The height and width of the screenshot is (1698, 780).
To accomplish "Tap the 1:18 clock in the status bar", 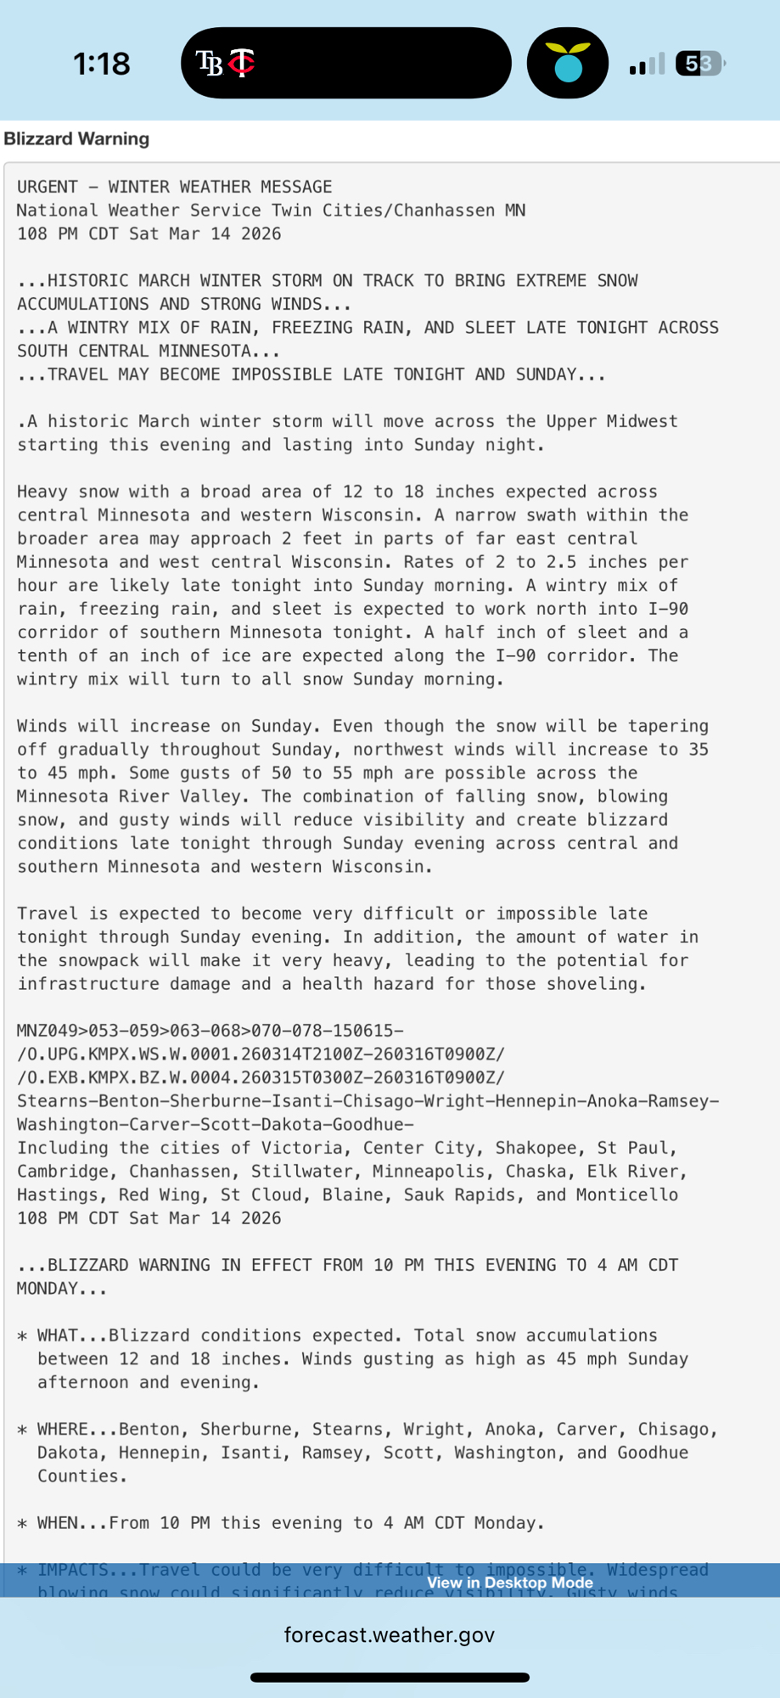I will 102,64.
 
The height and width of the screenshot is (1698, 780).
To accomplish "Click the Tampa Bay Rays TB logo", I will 209,63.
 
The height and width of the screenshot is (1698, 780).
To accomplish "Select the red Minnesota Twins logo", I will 242,63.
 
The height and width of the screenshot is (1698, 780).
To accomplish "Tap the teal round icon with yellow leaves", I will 567,64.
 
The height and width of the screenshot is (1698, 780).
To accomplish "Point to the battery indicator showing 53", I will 699,64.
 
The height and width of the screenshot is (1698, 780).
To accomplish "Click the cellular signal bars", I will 647,65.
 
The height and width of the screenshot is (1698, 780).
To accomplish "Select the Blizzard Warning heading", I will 76,139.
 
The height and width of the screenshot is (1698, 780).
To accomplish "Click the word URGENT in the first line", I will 48,187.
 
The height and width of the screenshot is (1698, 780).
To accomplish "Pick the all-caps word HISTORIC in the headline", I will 88,281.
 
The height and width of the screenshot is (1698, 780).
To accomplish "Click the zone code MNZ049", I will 48,1031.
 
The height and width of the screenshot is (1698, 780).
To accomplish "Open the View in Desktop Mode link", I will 509,1583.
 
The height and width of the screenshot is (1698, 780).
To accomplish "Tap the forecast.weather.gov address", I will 390,1635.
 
